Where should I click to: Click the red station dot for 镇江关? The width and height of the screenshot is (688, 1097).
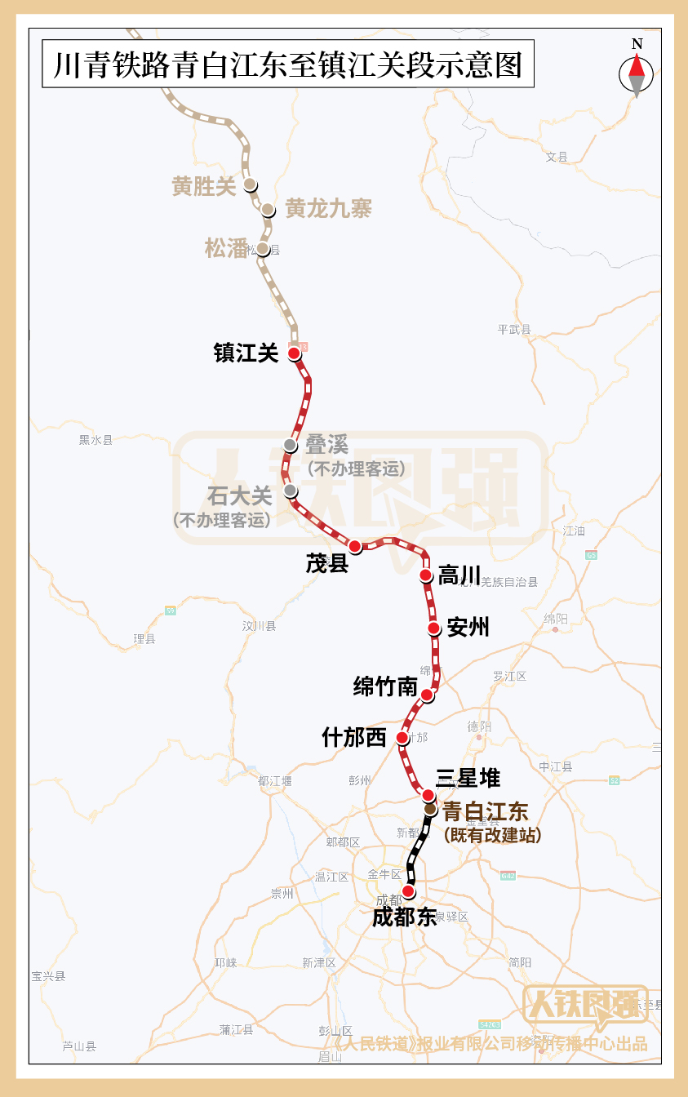point(294,353)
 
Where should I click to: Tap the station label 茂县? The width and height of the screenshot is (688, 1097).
point(327,563)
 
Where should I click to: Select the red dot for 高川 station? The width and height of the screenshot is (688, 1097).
point(425,575)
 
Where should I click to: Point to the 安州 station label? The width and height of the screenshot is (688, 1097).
point(468,627)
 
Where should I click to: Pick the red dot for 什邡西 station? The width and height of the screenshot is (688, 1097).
point(402,738)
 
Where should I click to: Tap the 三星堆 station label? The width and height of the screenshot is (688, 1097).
point(468,778)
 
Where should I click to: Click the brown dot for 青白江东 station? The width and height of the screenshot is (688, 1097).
point(430,808)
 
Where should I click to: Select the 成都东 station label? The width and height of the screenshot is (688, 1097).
point(405,917)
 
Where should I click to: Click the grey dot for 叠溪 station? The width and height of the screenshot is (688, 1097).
point(290,445)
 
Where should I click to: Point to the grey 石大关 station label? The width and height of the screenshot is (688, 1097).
point(239,495)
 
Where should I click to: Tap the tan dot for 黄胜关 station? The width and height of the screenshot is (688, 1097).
point(250,184)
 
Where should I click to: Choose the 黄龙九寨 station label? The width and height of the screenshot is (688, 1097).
point(328,209)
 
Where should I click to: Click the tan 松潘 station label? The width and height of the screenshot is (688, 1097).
point(226,248)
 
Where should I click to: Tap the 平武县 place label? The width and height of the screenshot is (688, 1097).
point(514,330)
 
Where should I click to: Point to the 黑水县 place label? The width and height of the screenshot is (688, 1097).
point(95,440)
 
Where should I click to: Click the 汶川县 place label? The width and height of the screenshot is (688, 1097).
point(259,626)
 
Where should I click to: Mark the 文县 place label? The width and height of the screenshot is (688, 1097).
point(557,157)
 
